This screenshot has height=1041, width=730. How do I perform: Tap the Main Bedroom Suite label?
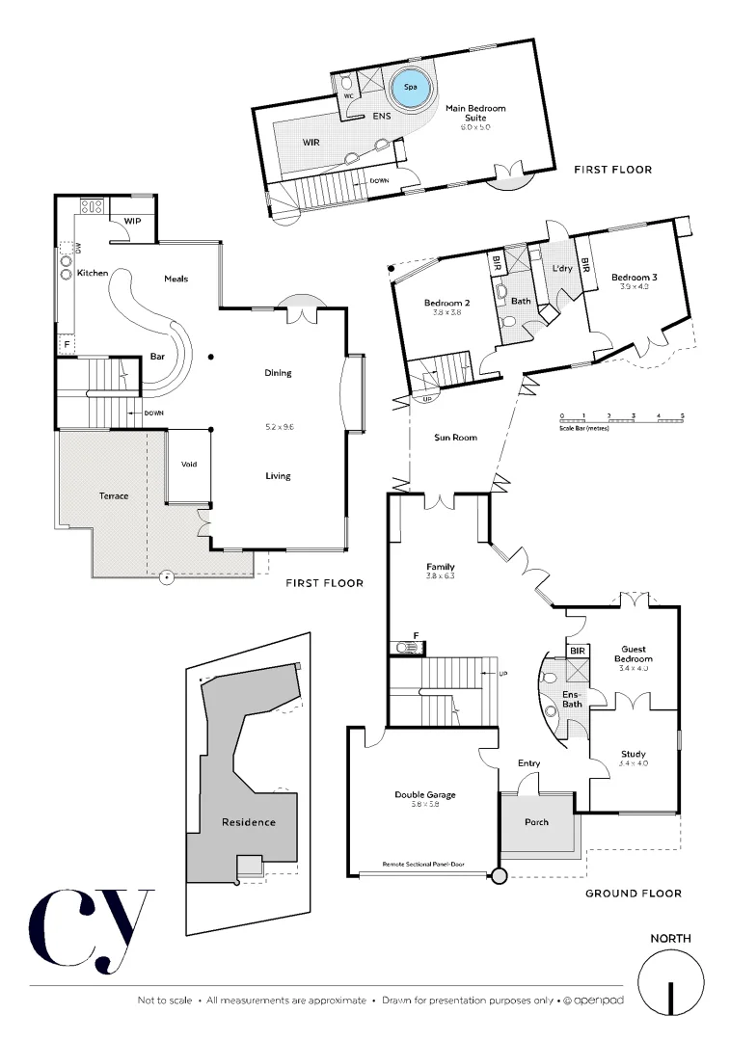474,114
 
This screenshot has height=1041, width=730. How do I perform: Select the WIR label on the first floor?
311,142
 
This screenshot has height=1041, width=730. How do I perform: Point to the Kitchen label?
93,273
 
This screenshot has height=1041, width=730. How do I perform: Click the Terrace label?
113,495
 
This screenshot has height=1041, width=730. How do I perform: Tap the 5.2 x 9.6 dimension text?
278,425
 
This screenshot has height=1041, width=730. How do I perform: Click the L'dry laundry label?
562,269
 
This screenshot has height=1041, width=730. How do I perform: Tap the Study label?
634,754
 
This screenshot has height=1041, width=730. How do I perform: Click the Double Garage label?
424,795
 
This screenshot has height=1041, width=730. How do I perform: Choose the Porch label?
536,821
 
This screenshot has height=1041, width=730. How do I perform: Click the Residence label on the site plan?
249,822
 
